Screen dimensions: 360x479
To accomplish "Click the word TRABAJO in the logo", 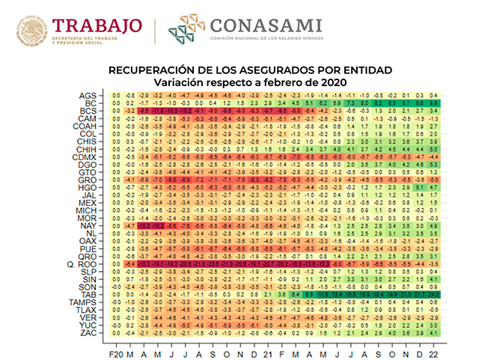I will pyautogui.click(x=97, y=25).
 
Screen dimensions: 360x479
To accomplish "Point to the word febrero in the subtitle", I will pyautogui.click(x=293, y=81).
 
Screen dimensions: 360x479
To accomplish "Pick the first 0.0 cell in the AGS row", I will pyautogui.click(x=116, y=95).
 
